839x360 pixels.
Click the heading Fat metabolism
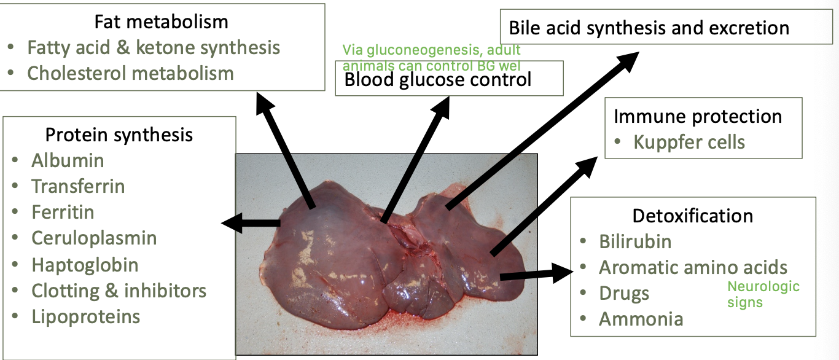(161, 22)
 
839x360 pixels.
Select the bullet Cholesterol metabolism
(130, 73)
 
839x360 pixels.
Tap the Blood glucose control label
(437, 79)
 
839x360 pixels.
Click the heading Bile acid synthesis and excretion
(649, 28)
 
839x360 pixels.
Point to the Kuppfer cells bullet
(689, 143)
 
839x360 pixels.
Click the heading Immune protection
(698, 116)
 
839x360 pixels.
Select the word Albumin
(68, 160)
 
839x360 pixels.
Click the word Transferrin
(78, 186)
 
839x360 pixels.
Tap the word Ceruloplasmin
(94, 238)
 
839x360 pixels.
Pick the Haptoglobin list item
(85, 265)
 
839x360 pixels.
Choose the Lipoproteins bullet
(86, 316)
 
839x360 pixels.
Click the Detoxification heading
(692, 216)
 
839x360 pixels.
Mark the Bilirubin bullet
(635, 241)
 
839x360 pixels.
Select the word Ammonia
(641, 319)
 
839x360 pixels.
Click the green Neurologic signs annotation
(763, 294)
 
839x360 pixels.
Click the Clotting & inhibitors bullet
(119, 291)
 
